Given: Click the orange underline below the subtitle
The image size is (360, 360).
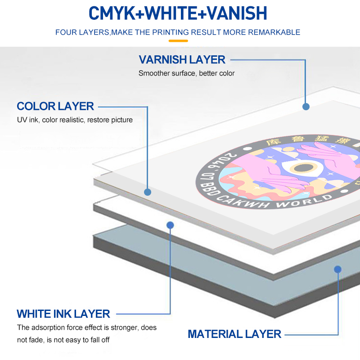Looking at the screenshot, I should (178, 40).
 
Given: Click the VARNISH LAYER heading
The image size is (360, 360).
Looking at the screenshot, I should (182, 60).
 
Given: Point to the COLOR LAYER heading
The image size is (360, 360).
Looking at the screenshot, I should (55, 107).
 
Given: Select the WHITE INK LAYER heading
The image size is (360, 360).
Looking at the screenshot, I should (63, 314).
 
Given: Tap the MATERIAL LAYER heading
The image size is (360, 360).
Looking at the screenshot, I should (234, 334).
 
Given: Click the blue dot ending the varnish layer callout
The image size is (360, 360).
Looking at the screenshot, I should (306, 107).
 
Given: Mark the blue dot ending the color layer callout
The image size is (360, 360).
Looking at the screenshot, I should (148, 192).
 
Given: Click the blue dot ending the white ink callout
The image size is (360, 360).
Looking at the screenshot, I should (170, 224).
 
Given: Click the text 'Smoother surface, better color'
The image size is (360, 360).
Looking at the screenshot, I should (187, 73).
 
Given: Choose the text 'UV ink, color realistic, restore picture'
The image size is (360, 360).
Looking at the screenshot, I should (75, 120).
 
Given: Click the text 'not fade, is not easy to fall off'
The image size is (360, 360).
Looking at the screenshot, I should (63, 340).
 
